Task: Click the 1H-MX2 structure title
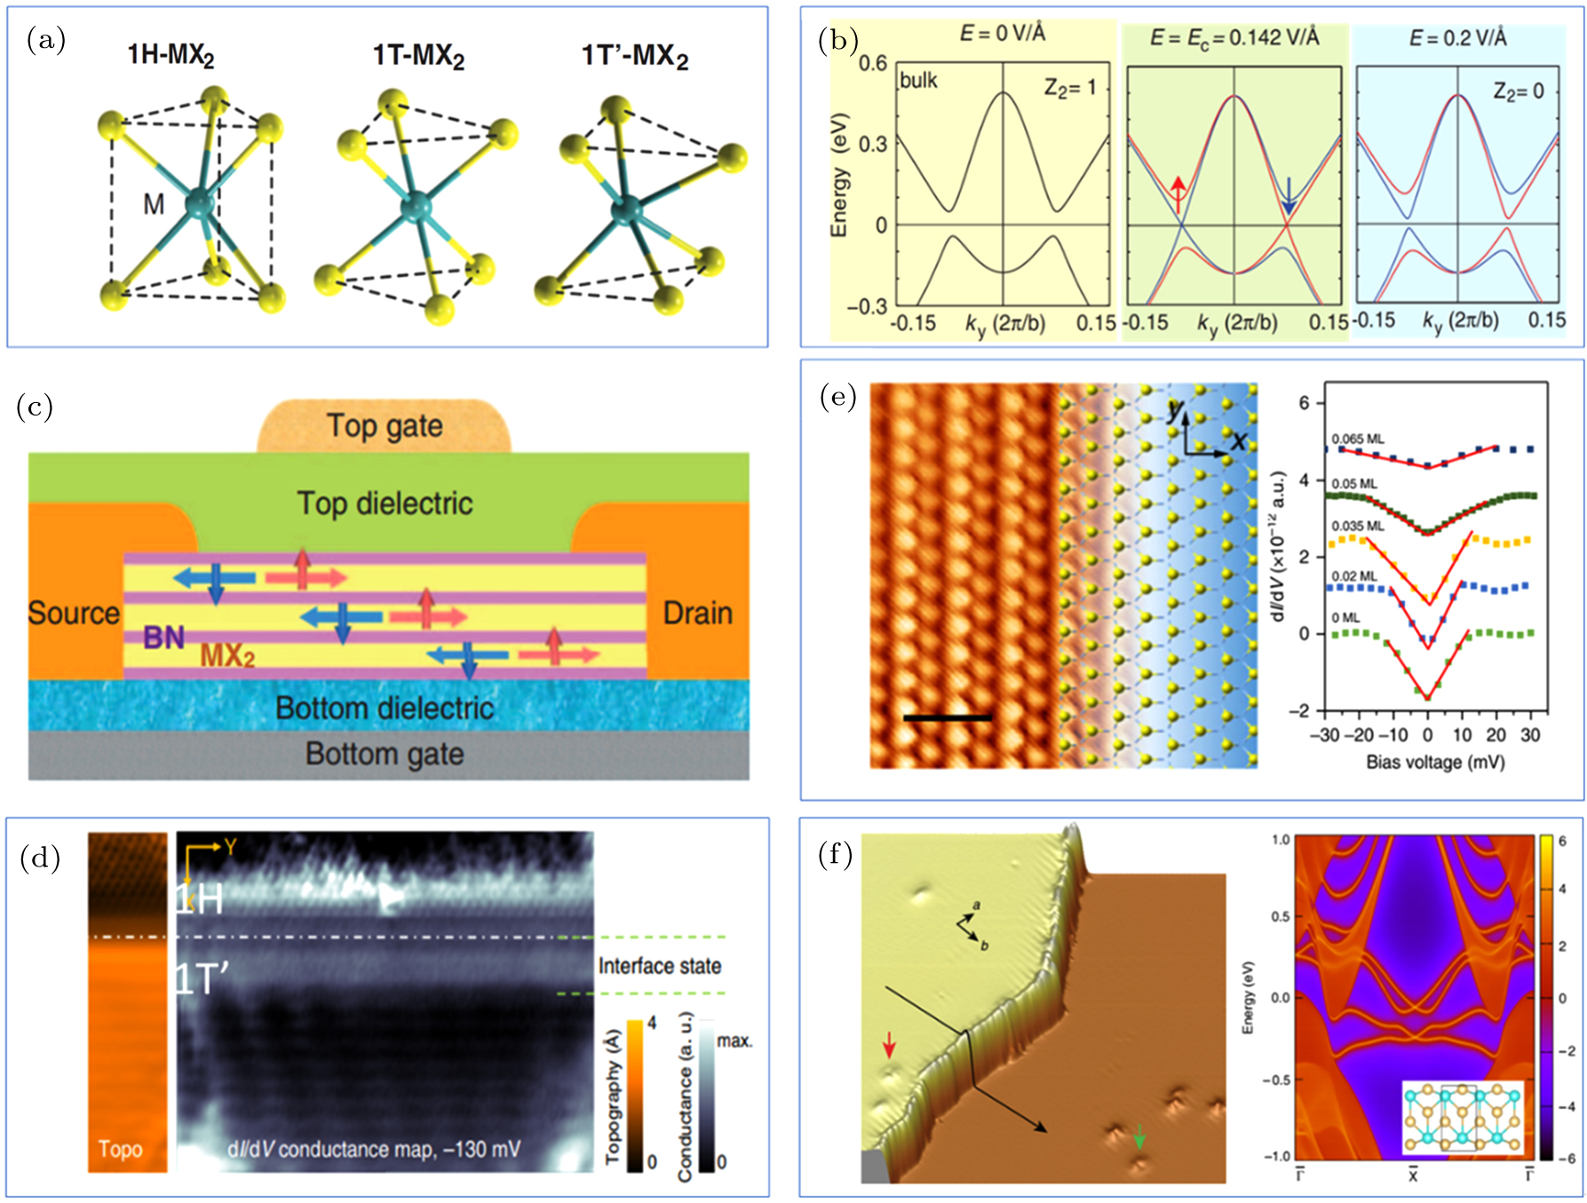pyautogui.click(x=171, y=56)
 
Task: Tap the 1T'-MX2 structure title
pyautogui.click(x=634, y=57)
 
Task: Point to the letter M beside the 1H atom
pyautogui.click(x=154, y=205)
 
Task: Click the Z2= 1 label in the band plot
pyautogui.click(x=1069, y=88)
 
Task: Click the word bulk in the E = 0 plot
pyautogui.click(x=918, y=81)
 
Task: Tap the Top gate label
pyautogui.click(x=385, y=426)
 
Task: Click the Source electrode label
pyautogui.click(x=74, y=613)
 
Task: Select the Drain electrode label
pyautogui.click(x=698, y=613)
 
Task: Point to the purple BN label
pyautogui.click(x=164, y=637)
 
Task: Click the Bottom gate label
pyautogui.click(x=385, y=754)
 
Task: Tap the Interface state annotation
pyautogui.click(x=659, y=966)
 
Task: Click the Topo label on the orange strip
pyautogui.click(x=121, y=1150)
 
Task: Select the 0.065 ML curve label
pyautogui.click(x=1357, y=439)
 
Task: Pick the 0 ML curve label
pyautogui.click(x=1345, y=618)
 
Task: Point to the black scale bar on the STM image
pyautogui.click(x=947, y=717)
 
